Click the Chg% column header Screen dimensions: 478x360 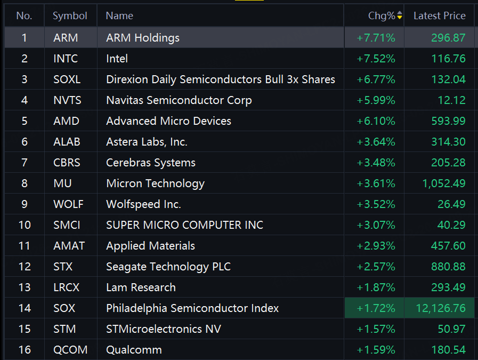coord(382,15)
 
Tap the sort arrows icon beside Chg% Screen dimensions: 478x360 coord(399,15)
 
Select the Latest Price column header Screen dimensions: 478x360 coord(439,15)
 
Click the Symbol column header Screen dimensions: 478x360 coord(70,15)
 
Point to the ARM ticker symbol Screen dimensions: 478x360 coord(66,38)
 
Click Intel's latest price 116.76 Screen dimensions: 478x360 coord(449,59)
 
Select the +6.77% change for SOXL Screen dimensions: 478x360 coord(376,79)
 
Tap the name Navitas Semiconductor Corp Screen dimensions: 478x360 coord(179,100)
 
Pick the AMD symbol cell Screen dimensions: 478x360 coord(66,121)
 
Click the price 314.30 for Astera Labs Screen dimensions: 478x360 coord(449,142)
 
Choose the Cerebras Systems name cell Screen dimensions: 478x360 coord(151,163)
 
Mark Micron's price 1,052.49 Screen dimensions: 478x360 coord(444,183)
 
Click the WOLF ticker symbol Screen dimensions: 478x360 coord(68,204)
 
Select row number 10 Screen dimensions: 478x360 coord(25,225)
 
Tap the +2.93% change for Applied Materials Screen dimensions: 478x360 coord(376,246)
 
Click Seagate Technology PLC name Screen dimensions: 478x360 coord(168,267)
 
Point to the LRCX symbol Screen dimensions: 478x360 coord(66,287)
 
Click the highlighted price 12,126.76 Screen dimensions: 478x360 coord(441,308)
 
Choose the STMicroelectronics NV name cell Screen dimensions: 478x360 coord(164,329)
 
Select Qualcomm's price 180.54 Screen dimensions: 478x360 coord(449,350)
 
